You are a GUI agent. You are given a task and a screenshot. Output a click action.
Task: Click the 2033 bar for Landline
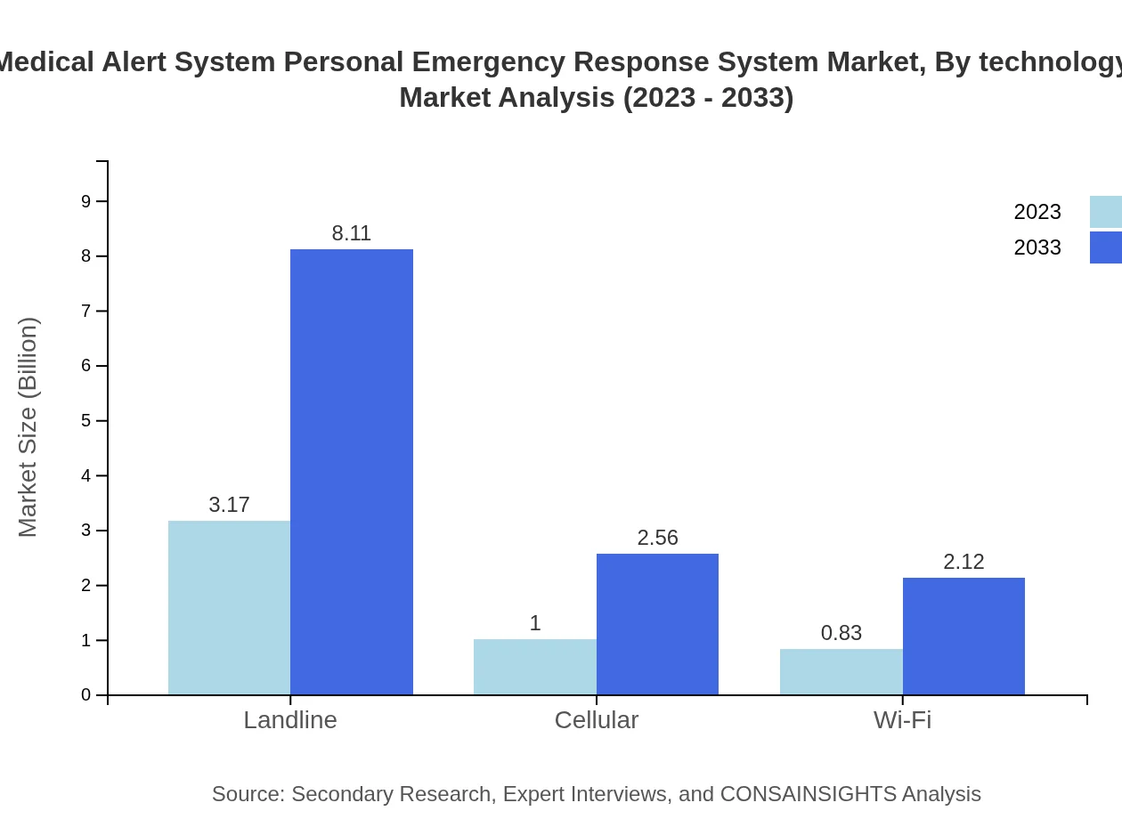352,472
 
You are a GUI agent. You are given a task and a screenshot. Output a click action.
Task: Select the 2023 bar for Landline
229,608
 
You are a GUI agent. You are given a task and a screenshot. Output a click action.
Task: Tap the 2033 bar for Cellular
657,624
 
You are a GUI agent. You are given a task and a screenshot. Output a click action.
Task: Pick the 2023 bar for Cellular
534,667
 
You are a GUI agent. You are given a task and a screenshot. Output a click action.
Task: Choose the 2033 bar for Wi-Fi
963,637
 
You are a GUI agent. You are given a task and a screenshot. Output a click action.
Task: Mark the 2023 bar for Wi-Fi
841,672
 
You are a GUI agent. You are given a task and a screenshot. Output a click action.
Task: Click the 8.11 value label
352,233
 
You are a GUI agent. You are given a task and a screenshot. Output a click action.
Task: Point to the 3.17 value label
229,505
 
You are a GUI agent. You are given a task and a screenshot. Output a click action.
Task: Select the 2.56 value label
657,538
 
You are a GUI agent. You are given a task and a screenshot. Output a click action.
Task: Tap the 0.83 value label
841,633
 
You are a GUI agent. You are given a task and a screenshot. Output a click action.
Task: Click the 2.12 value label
963,562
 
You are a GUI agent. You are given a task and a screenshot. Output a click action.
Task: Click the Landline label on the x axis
290,720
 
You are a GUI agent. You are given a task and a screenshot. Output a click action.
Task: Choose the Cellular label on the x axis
596,720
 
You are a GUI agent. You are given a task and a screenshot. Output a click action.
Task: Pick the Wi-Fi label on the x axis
902,720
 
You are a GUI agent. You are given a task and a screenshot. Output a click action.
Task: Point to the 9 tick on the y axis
86,201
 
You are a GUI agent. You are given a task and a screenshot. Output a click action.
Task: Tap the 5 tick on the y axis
86,420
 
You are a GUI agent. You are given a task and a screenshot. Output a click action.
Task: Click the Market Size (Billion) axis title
28,427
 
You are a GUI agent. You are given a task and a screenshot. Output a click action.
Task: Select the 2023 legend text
1037,212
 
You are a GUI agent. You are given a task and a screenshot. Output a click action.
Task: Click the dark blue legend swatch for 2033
1106,247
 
